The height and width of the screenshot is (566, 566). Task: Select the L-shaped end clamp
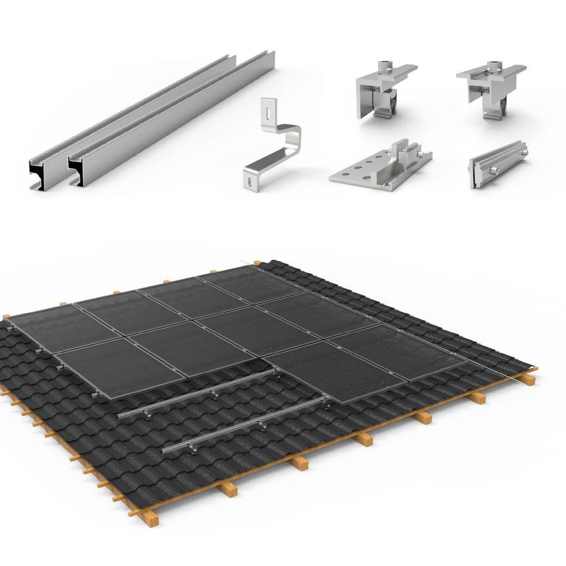(x=381, y=91)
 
